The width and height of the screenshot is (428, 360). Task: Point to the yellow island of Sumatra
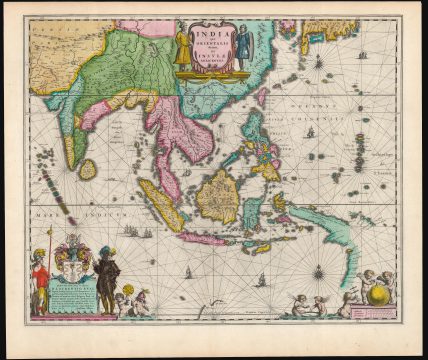pyautogui.click(x=160, y=206)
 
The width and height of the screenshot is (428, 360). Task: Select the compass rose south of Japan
pyautogui.click(x=318, y=62)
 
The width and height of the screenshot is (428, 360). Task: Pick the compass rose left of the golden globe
pyautogui.click(x=317, y=271)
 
